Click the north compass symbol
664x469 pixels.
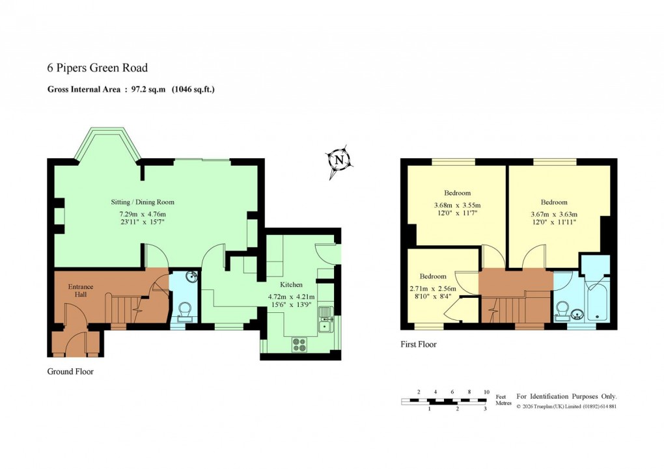339,160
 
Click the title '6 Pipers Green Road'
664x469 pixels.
98,68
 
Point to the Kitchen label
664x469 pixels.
291,285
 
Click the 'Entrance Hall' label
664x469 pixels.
81,291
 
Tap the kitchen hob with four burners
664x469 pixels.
301,344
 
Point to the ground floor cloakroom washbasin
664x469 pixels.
190,278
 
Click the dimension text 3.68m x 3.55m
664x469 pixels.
457,206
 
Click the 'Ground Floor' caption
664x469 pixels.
70,372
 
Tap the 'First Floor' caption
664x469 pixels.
418,344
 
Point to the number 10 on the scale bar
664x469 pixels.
486,392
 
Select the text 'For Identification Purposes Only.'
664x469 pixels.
566,396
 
